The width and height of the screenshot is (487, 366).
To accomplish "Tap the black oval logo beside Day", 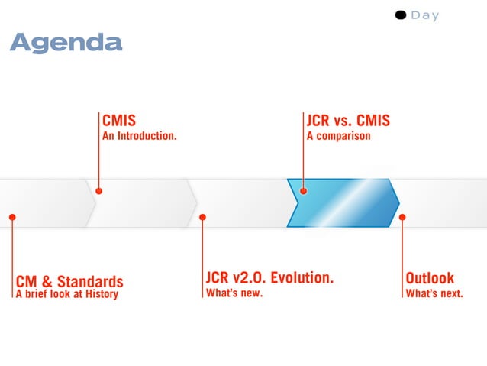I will coord(401,15).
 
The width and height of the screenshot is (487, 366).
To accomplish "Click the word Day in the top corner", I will coord(425,15).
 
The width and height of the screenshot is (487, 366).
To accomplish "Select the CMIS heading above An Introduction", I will coord(119,121).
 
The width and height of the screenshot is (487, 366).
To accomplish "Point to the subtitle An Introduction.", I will coord(140,136).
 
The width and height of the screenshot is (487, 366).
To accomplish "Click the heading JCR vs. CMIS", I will coord(347,121).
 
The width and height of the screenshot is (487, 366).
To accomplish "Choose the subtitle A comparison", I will coord(338,136).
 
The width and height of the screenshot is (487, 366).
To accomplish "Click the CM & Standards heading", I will coord(69,281).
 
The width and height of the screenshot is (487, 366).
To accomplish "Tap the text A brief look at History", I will coord(67,294).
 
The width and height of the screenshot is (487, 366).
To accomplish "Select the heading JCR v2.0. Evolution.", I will coord(269,277).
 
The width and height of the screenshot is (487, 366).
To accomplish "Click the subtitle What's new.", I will coord(234,293).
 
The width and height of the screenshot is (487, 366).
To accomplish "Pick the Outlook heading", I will coord(430,277).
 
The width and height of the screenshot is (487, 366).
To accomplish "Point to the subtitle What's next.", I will coord(434,293).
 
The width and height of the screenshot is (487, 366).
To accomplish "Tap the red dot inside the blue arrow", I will coord(303,191).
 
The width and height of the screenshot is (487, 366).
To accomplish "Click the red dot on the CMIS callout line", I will coord(98,191).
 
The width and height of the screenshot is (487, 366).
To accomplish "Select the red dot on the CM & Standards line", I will coord(12,217).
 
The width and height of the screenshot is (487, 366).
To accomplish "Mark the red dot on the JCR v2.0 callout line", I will coord(202,217).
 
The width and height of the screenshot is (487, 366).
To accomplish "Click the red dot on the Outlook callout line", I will coord(402,217).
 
